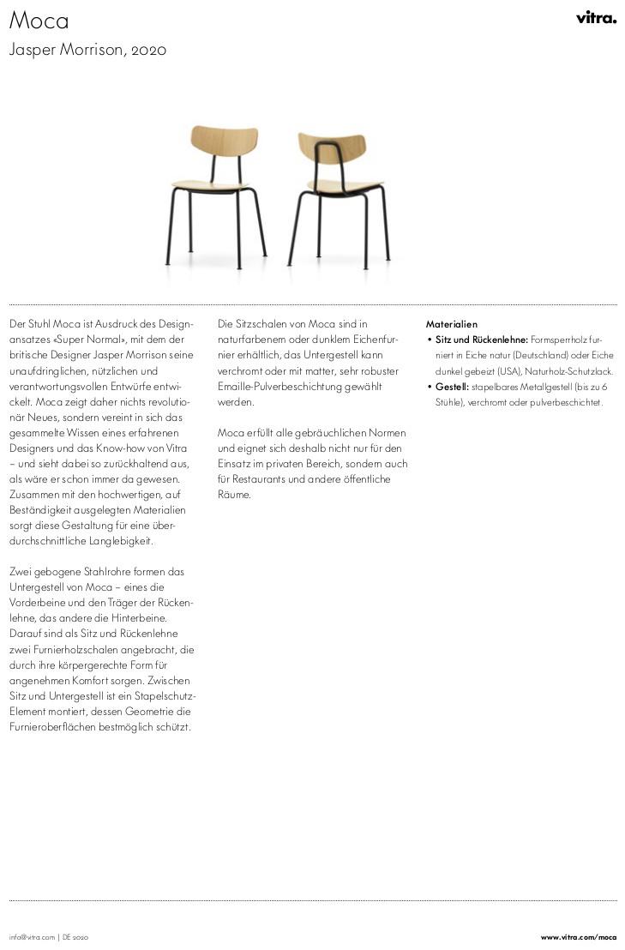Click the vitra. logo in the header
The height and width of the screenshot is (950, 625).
pos(596,17)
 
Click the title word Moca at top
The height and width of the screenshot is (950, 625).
pos(39,21)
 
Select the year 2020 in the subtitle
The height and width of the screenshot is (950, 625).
pos(149,50)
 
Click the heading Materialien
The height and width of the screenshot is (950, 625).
pos(451,324)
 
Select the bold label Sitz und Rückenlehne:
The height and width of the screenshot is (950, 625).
pos(482,340)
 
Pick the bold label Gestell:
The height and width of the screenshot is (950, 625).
pos(452,387)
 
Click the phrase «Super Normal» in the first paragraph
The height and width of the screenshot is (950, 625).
pos(87,340)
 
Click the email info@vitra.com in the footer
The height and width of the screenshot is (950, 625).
pos(32,937)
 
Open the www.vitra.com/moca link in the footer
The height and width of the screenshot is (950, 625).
pos(578,937)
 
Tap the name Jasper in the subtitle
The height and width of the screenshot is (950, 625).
pos(30,50)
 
